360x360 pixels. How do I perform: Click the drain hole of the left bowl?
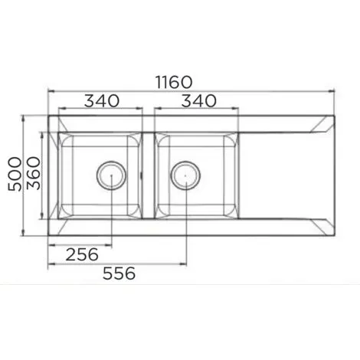tap(111, 175)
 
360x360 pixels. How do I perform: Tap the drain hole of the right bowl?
tap(185, 175)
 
